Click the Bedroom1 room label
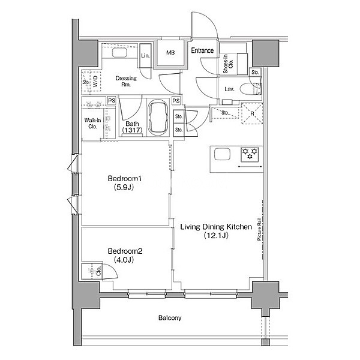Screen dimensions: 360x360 [x=125, y=178]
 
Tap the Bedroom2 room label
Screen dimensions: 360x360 [x=125, y=251]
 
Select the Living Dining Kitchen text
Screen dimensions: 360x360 [x=216, y=227]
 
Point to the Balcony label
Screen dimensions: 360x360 [x=170, y=318]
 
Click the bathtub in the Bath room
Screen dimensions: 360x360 [x=157, y=118]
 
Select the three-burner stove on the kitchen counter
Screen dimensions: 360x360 [x=250, y=154]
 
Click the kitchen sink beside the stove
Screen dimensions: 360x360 [x=222, y=154]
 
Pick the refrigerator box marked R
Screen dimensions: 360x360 [x=252, y=113]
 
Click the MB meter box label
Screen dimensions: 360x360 [x=170, y=53]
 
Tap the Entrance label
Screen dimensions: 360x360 [x=202, y=50]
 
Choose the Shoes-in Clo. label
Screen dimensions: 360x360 [x=228, y=64]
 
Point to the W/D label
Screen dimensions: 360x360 [x=96, y=81]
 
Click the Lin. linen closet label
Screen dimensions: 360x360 [x=145, y=56]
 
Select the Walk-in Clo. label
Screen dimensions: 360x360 [x=92, y=123]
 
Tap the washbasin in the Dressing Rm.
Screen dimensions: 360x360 [x=119, y=53]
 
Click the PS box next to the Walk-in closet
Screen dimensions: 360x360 [x=112, y=101]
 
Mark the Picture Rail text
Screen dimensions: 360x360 [x=259, y=229]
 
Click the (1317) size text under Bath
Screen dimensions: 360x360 [x=132, y=130]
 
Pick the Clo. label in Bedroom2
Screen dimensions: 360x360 [x=98, y=271]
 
